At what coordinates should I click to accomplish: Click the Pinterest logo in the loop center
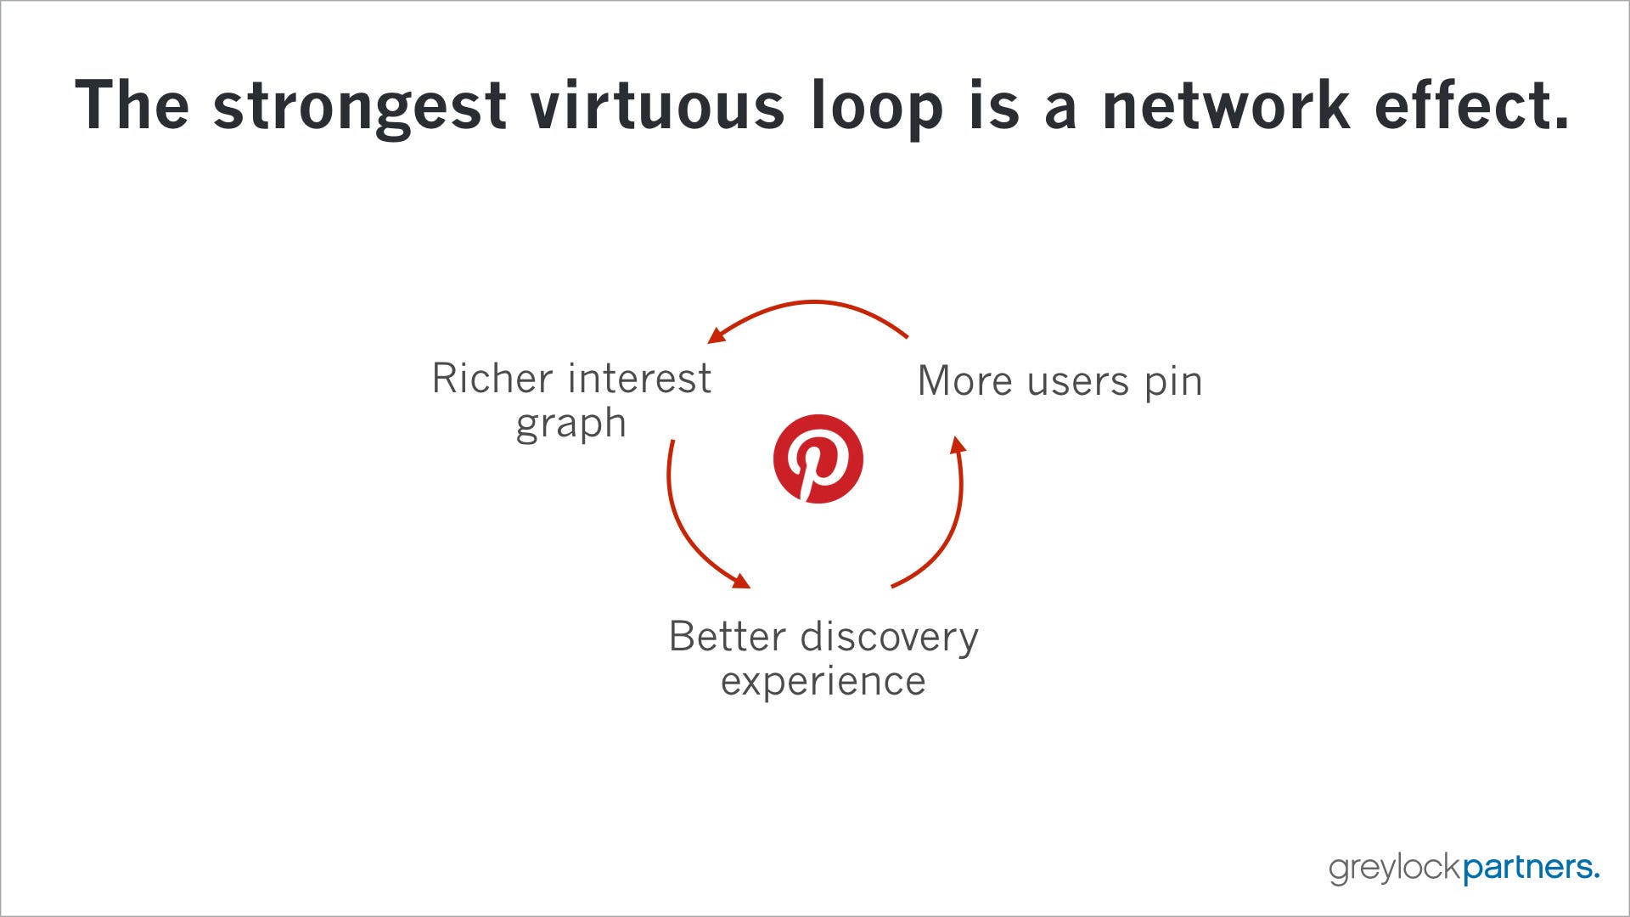pyautogui.click(x=818, y=459)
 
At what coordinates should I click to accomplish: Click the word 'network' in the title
pyautogui.click(x=1226, y=105)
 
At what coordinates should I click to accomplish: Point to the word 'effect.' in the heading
pyautogui.click(x=1472, y=105)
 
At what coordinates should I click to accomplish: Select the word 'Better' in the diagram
pyautogui.click(x=727, y=637)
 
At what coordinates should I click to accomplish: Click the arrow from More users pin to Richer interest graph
pyautogui.click(x=813, y=301)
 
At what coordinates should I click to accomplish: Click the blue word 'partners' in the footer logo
pyautogui.click(x=1531, y=868)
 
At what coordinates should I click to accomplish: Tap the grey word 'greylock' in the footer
pyautogui.click(x=1395, y=868)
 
